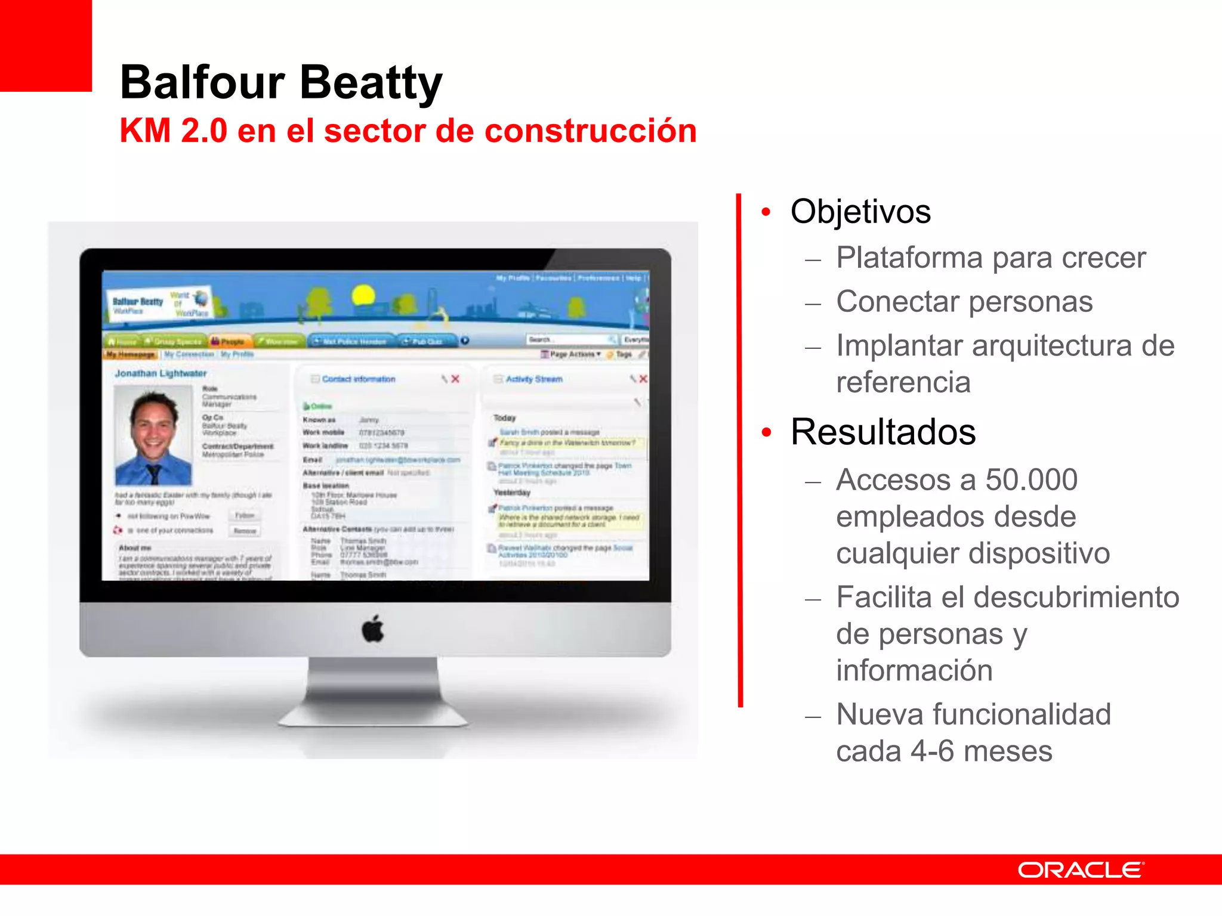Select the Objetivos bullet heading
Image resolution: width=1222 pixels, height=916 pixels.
pos(860,212)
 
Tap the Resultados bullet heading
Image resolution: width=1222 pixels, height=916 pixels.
pos(883,432)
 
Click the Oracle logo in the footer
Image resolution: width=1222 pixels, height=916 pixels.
pos(1081,870)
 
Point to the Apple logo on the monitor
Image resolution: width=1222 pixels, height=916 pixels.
pos(374,629)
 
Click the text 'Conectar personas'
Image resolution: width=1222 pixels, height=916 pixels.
pos(964,301)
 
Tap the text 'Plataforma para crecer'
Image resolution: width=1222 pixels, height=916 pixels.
pos(990,258)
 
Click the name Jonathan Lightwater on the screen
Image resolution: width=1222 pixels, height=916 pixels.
pos(161,373)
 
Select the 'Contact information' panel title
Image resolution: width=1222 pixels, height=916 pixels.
pos(359,379)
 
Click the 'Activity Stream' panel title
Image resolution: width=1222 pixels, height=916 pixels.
pos(534,379)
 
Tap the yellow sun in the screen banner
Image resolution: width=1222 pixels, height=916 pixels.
pos(363,295)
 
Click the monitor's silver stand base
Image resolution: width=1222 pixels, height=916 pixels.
pos(374,716)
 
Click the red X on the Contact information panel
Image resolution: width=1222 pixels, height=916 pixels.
pos(455,379)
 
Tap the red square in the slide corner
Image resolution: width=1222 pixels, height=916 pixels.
pos(45,45)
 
